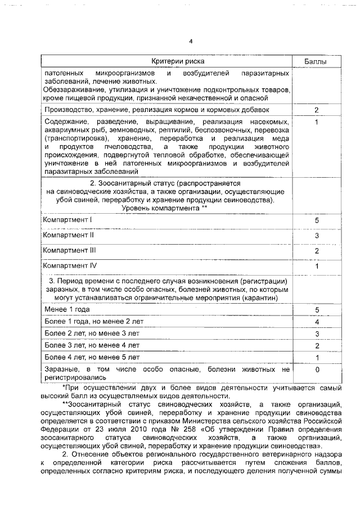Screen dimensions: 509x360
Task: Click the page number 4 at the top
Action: point(191,42)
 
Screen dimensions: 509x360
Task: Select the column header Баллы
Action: point(317,60)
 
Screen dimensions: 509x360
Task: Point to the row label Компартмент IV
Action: point(70,265)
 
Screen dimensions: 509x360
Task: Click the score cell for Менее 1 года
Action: point(317,310)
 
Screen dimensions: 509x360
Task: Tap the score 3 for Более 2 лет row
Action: point(317,334)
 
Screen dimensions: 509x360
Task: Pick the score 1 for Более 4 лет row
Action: point(317,357)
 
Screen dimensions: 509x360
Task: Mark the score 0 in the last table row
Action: point(317,370)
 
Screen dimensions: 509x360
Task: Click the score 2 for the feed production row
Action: point(317,110)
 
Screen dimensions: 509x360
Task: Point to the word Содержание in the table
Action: point(66,122)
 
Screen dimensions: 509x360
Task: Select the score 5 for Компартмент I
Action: point(317,220)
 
